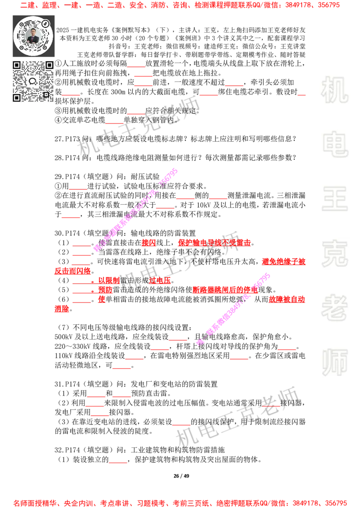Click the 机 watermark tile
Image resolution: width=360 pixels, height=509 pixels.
(334, 90)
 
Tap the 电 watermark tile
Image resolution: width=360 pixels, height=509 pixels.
(336, 144)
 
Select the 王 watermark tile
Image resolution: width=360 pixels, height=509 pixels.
(334, 200)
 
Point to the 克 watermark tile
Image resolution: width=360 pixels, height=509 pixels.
(334, 254)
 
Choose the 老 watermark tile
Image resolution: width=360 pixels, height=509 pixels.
(334, 308)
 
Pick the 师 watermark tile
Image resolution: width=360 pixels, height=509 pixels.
(334, 363)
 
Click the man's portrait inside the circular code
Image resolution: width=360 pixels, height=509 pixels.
(33, 36)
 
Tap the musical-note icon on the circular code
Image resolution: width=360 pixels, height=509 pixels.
(45, 23)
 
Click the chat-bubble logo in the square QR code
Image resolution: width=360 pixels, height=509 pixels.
(32, 81)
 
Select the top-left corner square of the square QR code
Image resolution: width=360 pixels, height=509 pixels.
(17, 65)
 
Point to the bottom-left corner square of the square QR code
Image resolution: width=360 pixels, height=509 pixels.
(17, 98)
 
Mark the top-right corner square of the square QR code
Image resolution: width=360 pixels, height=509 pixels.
(49, 65)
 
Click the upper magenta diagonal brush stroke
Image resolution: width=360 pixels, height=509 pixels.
(135, 210)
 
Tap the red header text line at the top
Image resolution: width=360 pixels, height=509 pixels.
(180, 5)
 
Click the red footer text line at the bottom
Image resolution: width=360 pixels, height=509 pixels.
(180, 503)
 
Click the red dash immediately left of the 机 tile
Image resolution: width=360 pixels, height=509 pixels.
(301, 95)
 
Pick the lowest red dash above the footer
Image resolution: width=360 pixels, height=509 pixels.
(118, 462)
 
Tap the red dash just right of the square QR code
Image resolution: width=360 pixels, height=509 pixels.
(71, 95)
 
